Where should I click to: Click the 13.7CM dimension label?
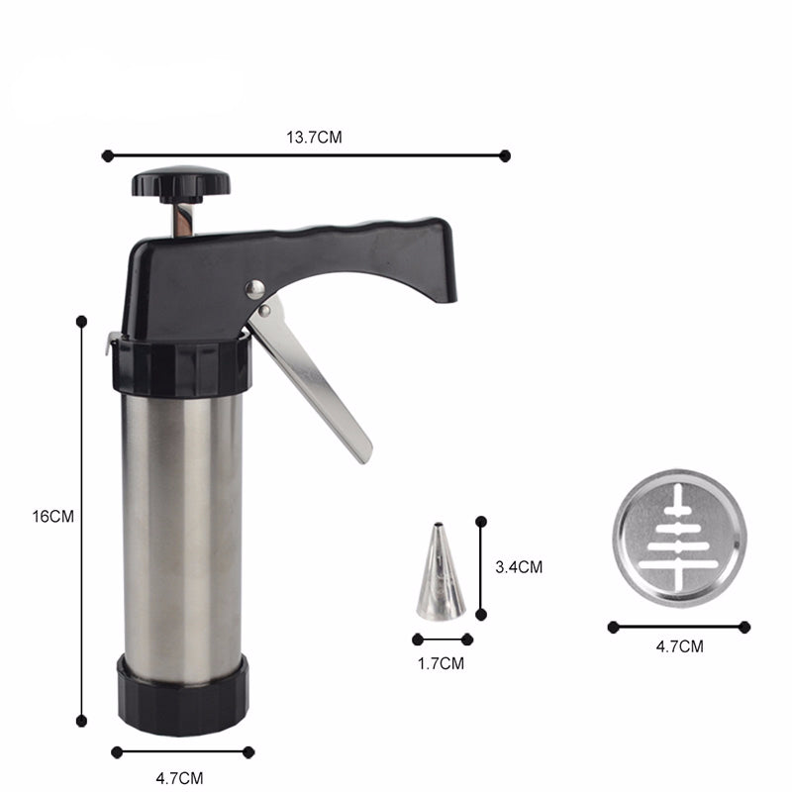314,138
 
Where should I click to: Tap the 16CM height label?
53,517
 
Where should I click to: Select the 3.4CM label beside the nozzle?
519,567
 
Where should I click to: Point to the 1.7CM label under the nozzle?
441,663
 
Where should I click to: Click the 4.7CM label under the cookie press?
179,778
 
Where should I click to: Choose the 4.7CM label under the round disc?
679,646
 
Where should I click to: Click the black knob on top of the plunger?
181,184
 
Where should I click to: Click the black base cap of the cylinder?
183,695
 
